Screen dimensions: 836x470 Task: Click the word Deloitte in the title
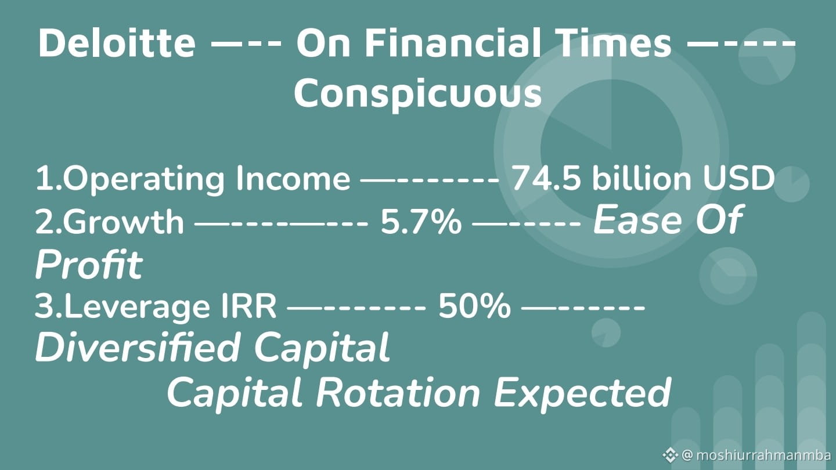(x=117, y=43)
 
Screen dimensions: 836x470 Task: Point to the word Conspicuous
(x=417, y=93)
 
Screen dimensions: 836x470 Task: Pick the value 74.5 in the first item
(x=546, y=178)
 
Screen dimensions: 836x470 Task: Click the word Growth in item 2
(x=123, y=221)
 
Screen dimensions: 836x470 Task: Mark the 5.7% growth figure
(x=421, y=222)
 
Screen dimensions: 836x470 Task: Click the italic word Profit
(x=89, y=264)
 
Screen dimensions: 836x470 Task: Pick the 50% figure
(x=474, y=306)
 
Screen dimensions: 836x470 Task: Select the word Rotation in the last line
(x=398, y=393)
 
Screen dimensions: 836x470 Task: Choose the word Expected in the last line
(x=582, y=393)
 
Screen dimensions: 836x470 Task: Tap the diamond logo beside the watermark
(x=671, y=455)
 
